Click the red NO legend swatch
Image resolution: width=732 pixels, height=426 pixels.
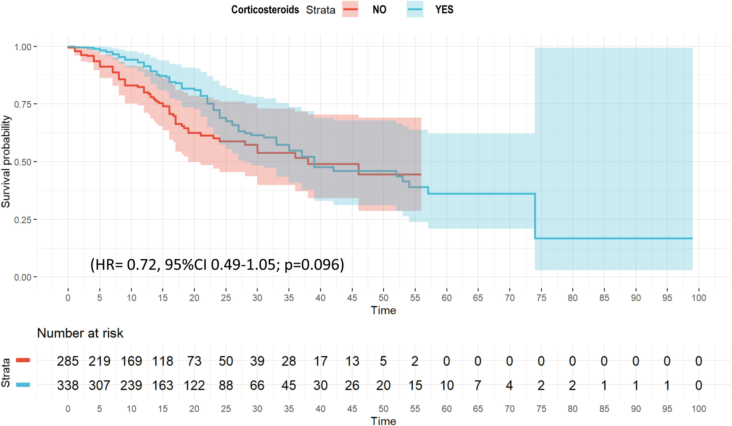point(350,9)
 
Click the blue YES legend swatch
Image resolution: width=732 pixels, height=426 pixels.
point(415,9)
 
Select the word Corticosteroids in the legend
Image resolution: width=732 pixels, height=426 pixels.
point(265,10)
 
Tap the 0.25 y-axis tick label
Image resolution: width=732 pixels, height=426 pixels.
point(23,220)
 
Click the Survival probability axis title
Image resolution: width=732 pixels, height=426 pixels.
point(6,162)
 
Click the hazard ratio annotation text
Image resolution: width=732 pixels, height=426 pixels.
point(217,265)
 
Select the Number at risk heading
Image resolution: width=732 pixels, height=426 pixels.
point(80,333)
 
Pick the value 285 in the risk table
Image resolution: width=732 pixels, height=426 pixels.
point(68,361)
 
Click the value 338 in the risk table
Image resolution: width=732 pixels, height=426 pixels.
point(68,386)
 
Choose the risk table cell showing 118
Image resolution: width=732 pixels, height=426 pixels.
point(163,361)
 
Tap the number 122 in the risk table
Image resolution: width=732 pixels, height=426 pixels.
point(194,386)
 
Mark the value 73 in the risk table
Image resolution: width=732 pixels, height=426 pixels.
point(194,361)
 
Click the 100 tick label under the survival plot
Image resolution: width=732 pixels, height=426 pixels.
point(698,298)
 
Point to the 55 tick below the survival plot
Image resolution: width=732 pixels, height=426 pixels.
point(415,298)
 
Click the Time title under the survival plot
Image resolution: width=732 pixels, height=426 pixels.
point(383,311)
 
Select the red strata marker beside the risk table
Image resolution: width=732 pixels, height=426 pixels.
point(23,360)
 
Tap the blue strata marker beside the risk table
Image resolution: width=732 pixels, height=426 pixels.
point(23,385)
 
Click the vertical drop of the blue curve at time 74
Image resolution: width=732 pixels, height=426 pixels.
point(535,216)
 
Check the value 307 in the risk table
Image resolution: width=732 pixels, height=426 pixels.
point(99,386)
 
